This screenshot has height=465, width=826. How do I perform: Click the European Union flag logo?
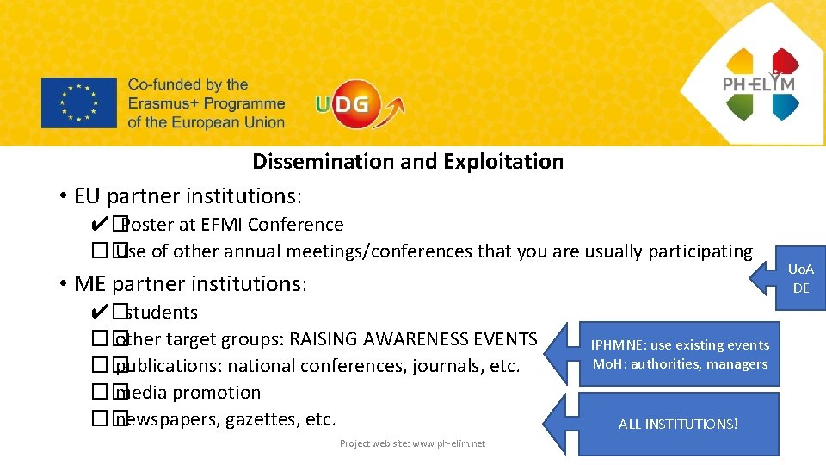[78, 103]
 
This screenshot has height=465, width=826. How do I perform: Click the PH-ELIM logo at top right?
[761, 84]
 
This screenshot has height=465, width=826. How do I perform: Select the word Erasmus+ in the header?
[163, 103]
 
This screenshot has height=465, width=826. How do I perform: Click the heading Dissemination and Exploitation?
[408, 162]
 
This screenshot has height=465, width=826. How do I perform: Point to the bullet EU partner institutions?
[188, 196]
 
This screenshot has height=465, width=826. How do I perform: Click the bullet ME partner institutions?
[190, 283]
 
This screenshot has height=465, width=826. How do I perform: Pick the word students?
[161, 313]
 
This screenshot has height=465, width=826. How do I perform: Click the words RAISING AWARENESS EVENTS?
[413, 339]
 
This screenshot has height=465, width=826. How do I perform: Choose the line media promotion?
[188, 393]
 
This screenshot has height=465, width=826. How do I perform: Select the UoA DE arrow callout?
[792, 280]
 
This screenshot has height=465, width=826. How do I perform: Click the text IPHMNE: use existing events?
[680, 344]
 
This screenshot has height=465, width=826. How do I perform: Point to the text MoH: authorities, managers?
[680, 364]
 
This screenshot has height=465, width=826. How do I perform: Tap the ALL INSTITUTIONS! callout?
[678, 424]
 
